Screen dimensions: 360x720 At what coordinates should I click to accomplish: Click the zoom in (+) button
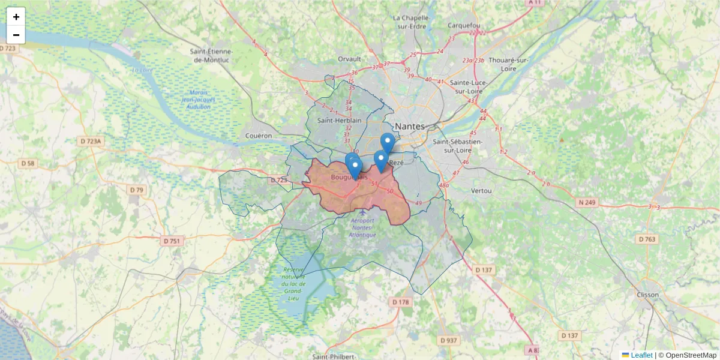(x=16, y=17)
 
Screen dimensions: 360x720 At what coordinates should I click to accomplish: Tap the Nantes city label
(x=410, y=127)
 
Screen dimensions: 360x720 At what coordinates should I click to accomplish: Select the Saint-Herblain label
(x=340, y=120)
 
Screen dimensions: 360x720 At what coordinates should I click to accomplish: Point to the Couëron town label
(x=259, y=136)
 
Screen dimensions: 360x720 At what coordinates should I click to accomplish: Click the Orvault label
(x=349, y=59)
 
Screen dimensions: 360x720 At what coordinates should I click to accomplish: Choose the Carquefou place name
(x=464, y=26)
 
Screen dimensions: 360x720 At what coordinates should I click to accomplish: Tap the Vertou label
(x=482, y=191)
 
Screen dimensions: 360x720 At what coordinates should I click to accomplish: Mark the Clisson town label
(x=648, y=295)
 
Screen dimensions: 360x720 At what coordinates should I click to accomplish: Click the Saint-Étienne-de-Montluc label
(x=212, y=55)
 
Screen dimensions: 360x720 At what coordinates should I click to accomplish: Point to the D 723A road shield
(x=92, y=141)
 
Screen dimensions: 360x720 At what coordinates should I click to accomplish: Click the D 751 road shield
(x=172, y=241)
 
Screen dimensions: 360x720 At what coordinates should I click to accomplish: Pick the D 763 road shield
(x=647, y=239)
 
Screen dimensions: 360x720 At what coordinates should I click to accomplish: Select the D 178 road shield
(x=401, y=302)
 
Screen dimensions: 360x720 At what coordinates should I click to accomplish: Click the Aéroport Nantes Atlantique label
(x=362, y=227)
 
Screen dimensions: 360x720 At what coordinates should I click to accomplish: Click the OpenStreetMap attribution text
(x=691, y=355)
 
